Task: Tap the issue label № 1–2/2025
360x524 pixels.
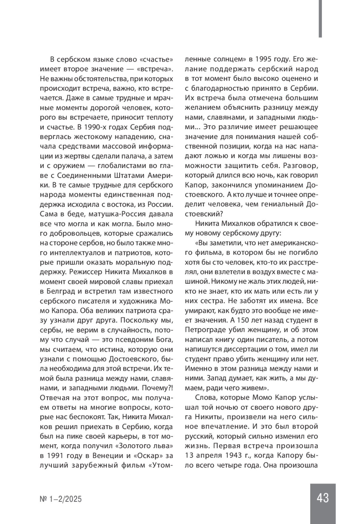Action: (61, 499)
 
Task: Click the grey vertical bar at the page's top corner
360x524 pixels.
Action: (320, 19)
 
